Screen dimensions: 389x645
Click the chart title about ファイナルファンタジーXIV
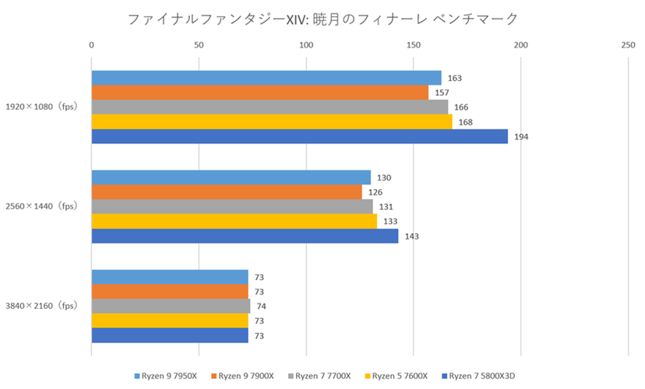click(322, 17)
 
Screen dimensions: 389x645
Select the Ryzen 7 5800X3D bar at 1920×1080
click(299, 137)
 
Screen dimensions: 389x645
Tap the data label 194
click(521, 137)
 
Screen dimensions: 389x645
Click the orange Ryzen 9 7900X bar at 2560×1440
click(227, 192)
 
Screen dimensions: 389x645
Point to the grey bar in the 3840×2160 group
click(171, 307)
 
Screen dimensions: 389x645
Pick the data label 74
click(262, 307)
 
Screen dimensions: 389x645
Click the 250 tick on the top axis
click(628, 45)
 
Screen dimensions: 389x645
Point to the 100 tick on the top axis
click(306, 45)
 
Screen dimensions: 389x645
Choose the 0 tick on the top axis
click(92, 45)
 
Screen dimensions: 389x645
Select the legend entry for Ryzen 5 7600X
click(400, 376)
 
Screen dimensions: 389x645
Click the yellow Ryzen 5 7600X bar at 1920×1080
click(271, 122)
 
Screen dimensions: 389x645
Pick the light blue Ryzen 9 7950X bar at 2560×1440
click(231, 177)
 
